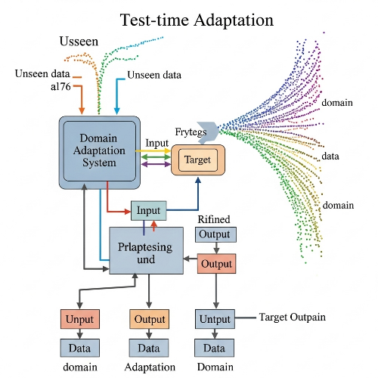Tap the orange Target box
[x=198, y=160]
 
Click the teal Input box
[x=148, y=211]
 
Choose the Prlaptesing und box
[x=147, y=253]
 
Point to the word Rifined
[x=213, y=218]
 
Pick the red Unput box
[x=79, y=319]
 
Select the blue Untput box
[x=215, y=319]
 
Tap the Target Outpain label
[x=293, y=317]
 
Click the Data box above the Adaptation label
[x=149, y=349]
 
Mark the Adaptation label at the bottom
[x=149, y=367]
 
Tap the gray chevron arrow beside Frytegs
[x=206, y=129]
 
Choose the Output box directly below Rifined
[x=214, y=234]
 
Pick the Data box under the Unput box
[x=79, y=349]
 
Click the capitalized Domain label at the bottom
[x=215, y=367]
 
